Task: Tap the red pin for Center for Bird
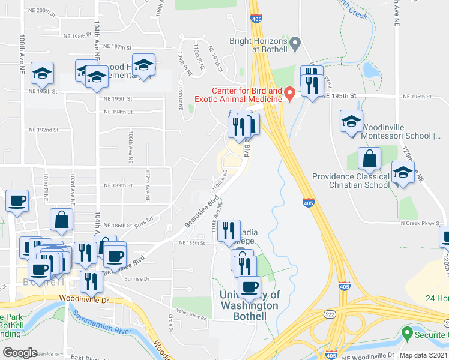pos(289,94)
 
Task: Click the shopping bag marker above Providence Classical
pos(370,159)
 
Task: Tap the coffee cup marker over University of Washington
pos(250,286)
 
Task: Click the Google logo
pos(20,353)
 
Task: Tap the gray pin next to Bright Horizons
pos(295,44)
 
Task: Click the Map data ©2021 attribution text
pos(422,355)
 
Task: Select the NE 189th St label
pos(118,185)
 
